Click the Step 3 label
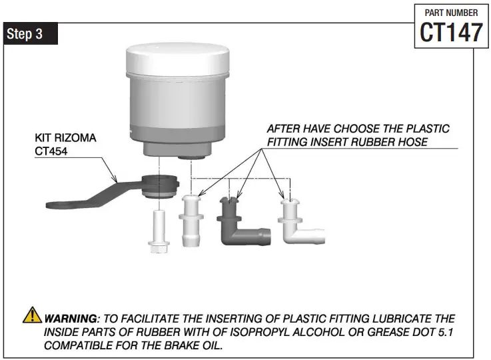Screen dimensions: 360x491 click(x=25, y=35)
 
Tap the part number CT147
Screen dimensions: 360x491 click(x=451, y=31)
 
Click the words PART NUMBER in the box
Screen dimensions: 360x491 click(x=451, y=12)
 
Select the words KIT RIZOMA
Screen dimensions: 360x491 click(x=65, y=138)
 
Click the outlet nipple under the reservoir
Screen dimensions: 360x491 click(x=192, y=155)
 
